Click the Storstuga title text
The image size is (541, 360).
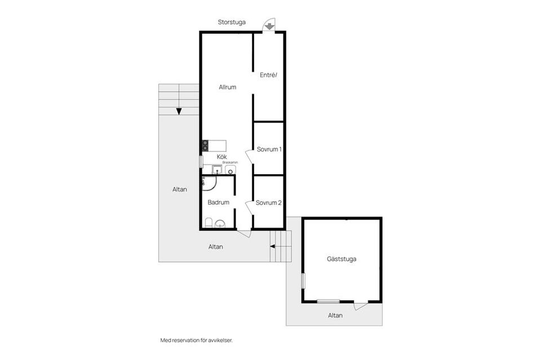(232, 22)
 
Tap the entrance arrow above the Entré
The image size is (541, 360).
(269, 26)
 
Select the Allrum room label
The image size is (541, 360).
(227, 87)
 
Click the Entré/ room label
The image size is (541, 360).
(268, 75)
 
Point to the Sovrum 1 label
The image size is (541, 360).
(269, 149)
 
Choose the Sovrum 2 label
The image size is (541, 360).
(268, 203)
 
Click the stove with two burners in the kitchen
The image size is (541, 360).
(205, 145)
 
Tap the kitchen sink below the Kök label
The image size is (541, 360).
(216, 170)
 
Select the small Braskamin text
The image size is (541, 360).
(230, 162)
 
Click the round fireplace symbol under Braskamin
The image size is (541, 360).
(230, 170)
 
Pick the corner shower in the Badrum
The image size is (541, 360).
(209, 184)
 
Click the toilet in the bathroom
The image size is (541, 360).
(209, 223)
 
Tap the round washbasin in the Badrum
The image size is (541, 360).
(220, 224)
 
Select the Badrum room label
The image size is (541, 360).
(219, 202)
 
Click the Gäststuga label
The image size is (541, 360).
(342, 259)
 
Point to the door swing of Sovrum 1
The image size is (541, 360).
(249, 157)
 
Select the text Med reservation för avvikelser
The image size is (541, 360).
(197, 340)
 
